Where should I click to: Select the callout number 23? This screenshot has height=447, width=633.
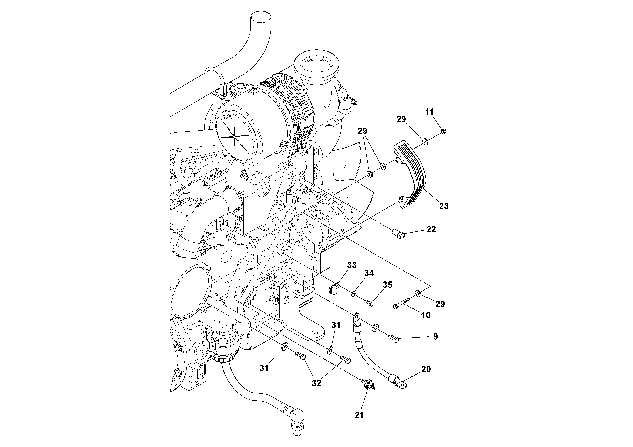click(x=444, y=206)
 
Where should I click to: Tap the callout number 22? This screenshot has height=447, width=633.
click(x=431, y=229)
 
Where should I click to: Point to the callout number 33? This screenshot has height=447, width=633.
click(x=351, y=265)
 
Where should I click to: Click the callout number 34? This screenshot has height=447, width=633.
click(x=369, y=273)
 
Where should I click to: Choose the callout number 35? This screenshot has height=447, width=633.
click(x=387, y=285)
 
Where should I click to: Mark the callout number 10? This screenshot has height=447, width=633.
click(x=426, y=315)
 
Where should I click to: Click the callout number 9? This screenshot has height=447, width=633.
click(x=435, y=336)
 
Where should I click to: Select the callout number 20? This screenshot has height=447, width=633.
click(x=426, y=369)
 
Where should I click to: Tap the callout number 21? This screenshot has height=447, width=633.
click(x=359, y=423)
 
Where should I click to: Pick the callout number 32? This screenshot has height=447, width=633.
click(x=316, y=383)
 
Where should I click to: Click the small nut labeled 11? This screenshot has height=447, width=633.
click(x=444, y=131)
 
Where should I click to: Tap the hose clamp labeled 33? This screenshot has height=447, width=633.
click(x=334, y=289)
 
